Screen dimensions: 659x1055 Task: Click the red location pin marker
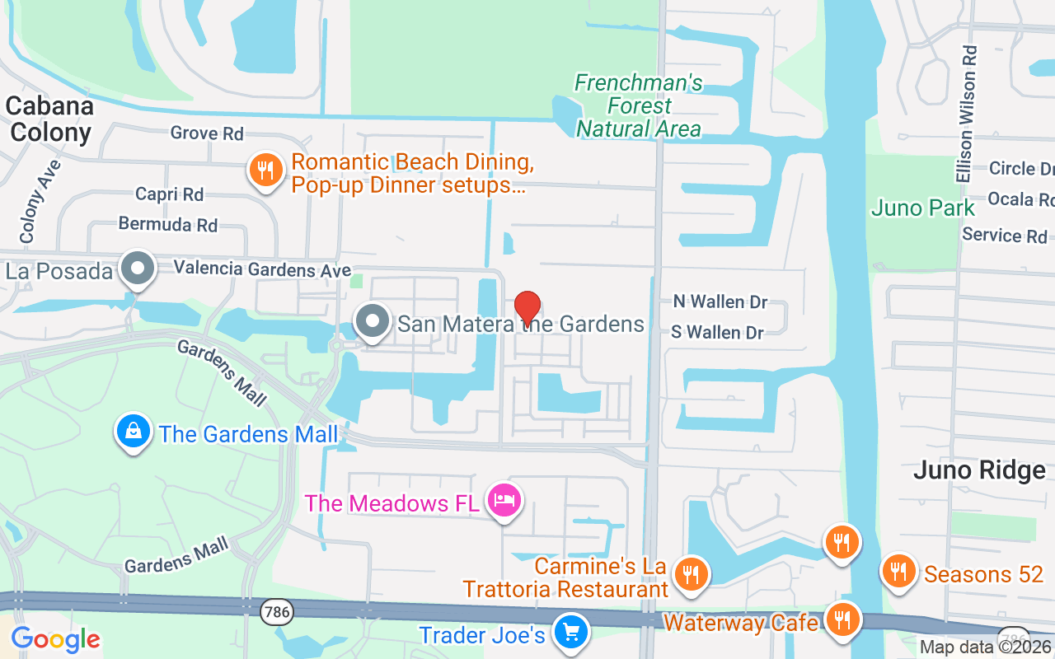click(527, 306)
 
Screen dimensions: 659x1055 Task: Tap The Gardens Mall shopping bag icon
click(133, 431)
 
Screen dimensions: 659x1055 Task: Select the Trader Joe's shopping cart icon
click(570, 633)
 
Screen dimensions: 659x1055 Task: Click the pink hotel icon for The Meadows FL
click(504, 499)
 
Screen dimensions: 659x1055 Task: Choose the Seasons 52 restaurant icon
click(899, 570)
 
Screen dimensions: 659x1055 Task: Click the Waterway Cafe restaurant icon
click(842, 619)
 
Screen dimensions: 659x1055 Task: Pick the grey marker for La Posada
click(138, 269)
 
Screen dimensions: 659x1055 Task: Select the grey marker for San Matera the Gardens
click(373, 321)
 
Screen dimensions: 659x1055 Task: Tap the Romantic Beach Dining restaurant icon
click(265, 171)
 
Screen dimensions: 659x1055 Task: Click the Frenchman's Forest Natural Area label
click(639, 106)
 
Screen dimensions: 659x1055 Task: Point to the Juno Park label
click(923, 208)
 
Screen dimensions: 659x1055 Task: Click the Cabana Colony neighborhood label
click(49, 119)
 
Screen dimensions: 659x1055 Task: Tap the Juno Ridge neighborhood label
click(979, 470)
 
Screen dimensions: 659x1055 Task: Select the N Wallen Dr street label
click(720, 301)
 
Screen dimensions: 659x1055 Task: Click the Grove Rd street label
click(207, 133)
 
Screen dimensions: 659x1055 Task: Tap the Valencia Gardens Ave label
click(262, 269)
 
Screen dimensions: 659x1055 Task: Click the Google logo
click(55, 639)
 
